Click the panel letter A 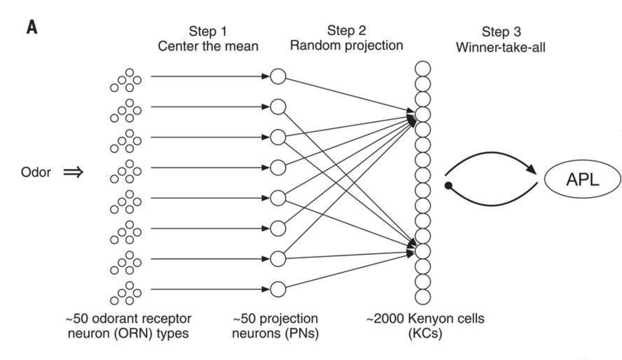click(32, 27)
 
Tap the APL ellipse click(582, 179)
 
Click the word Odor click(36, 172)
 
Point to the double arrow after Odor click(73, 172)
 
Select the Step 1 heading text click(208, 31)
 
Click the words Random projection click(346, 45)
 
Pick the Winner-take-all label click(500, 47)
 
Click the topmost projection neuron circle click(278, 76)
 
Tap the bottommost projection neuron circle click(278, 289)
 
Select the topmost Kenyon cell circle click(422, 69)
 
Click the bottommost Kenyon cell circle click(422, 297)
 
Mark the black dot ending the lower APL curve click(448, 186)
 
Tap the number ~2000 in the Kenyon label click(386, 319)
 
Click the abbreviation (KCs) click(425, 333)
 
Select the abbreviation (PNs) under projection click(302, 333)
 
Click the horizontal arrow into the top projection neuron click(209, 76)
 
